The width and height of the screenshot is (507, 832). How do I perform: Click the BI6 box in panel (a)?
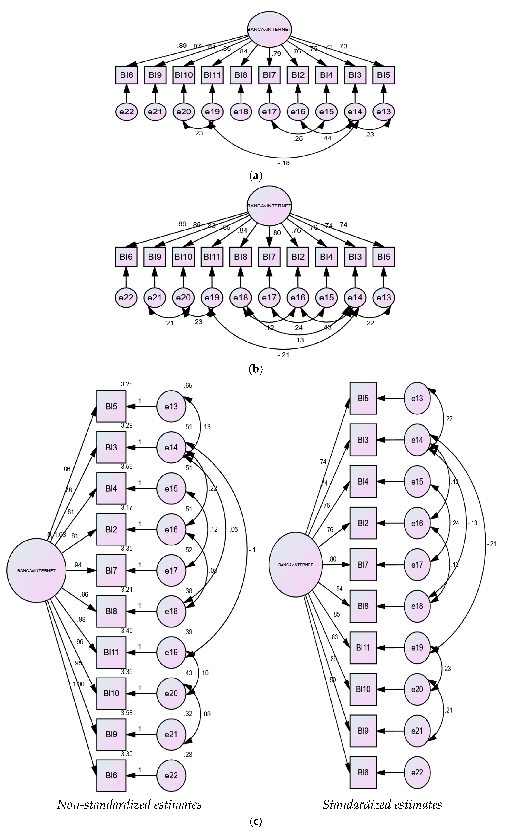coord(126,75)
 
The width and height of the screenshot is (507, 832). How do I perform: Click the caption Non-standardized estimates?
coord(129,805)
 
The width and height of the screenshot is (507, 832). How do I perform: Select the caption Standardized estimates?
coord(382,805)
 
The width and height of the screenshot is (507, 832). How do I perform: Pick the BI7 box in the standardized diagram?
coord(363,565)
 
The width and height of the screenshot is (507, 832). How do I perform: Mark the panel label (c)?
coord(255,821)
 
